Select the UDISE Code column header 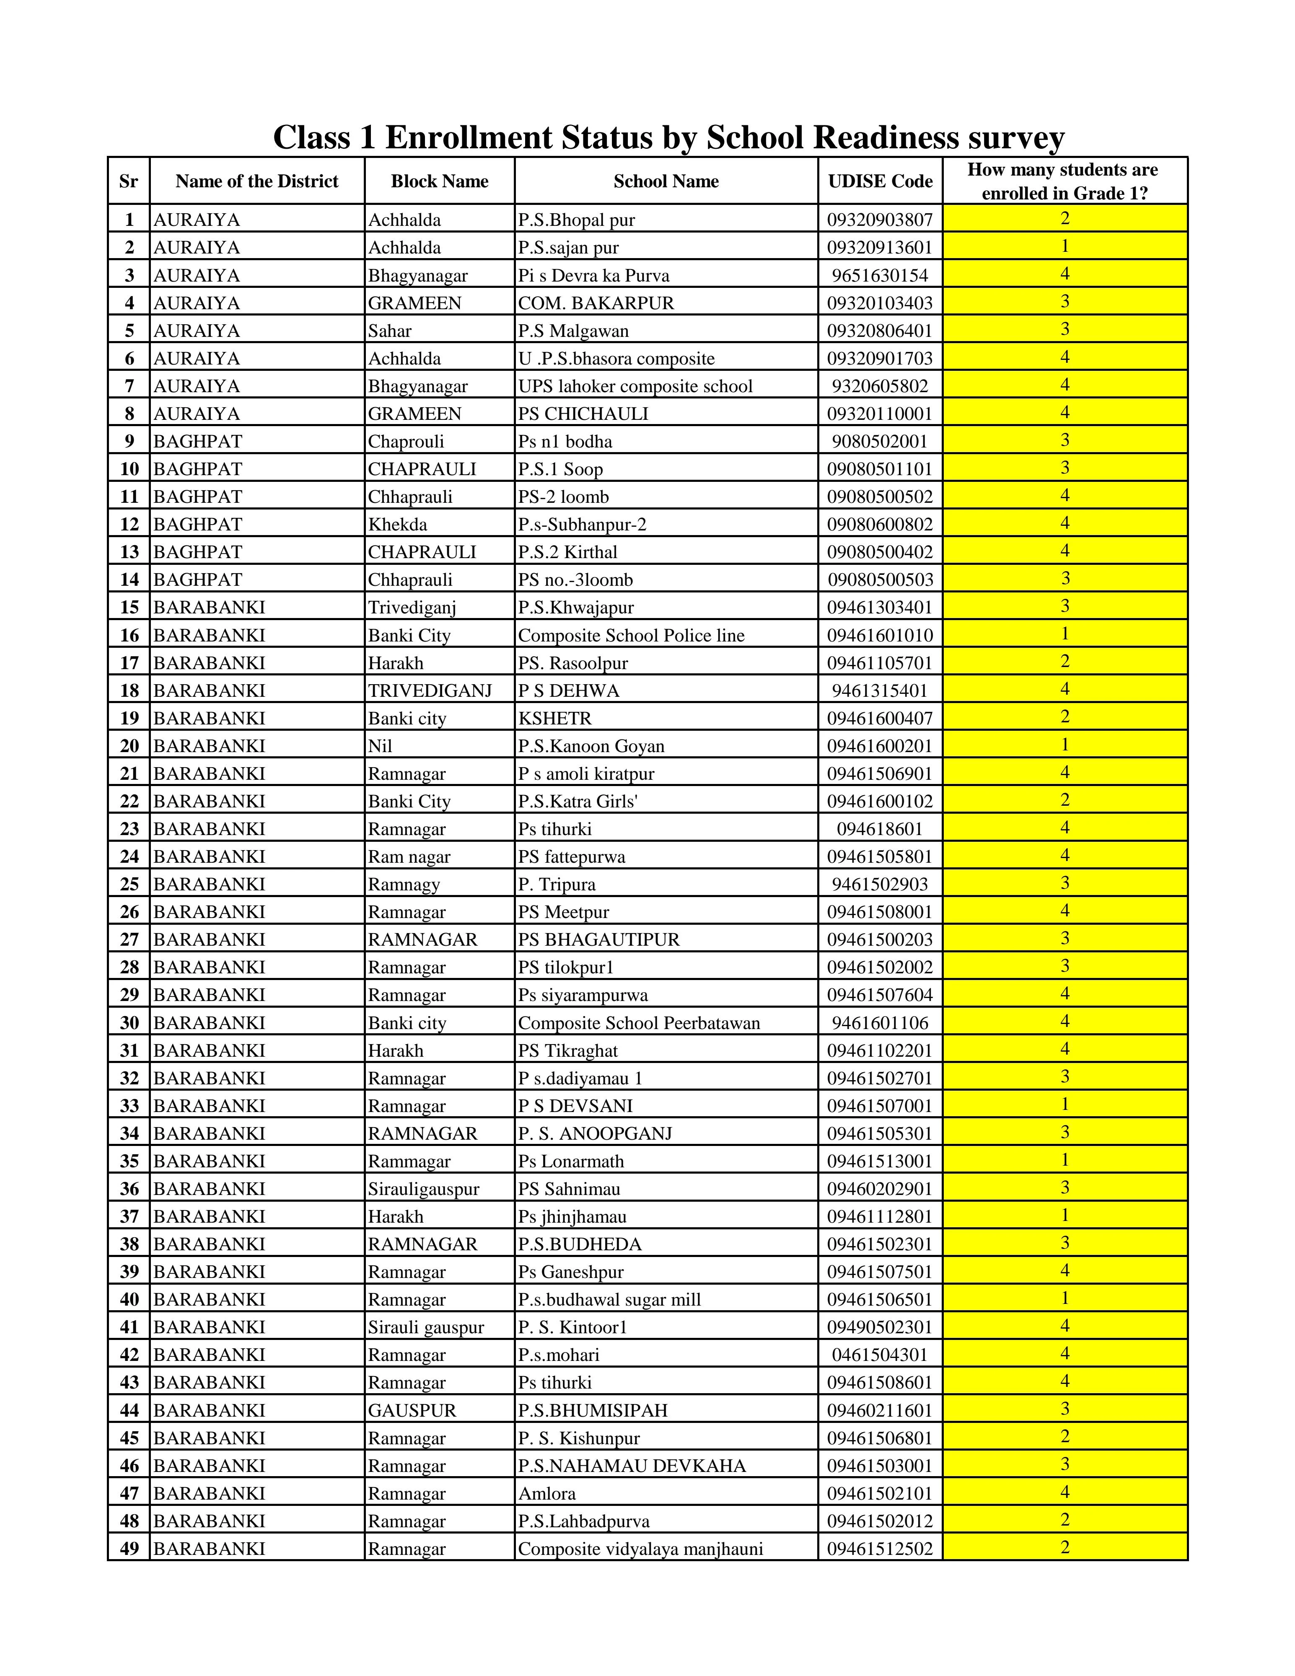(880, 181)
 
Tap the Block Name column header (439, 181)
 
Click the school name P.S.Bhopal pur (577, 220)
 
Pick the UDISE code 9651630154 (880, 276)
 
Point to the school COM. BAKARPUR (596, 303)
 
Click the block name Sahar (389, 331)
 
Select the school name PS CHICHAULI (583, 414)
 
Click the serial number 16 (129, 635)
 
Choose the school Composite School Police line (631, 635)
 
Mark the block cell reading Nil (380, 746)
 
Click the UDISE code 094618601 (880, 829)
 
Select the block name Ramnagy (404, 884)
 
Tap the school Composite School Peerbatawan (639, 1023)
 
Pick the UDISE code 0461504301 (880, 1355)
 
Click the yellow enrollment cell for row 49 (1065, 1548)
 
